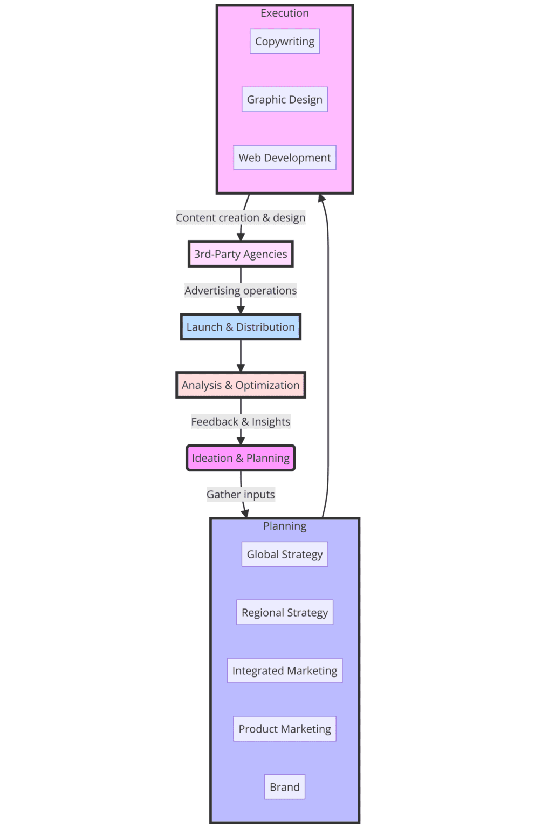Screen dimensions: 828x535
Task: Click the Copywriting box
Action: coord(284,42)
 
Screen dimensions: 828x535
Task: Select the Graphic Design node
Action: coord(284,100)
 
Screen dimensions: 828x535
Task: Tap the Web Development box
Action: coord(284,158)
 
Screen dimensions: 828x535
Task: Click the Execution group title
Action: coord(284,13)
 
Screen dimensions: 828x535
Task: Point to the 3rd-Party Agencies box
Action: coord(241,254)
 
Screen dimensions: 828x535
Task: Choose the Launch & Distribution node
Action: coord(241,327)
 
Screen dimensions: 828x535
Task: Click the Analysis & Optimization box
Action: coord(241,385)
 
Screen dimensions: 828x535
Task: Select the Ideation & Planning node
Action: coord(241,458)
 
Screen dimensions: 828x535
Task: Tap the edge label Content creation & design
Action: coord(241,218)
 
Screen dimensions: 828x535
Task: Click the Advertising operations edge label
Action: coord(241,291)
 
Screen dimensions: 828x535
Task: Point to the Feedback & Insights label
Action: coord(241,422)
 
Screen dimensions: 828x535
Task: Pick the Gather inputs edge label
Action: coord(241,495)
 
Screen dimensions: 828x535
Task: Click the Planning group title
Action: coord(284,526)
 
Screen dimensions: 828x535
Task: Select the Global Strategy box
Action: coord(284,555)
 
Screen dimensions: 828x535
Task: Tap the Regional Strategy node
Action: coord(284,613)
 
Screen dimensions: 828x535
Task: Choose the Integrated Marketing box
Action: coord(284,670)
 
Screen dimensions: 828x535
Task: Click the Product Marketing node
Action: coord(284,729)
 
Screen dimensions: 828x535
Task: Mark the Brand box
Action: coord(284,787)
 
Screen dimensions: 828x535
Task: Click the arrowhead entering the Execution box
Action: coord(322,198)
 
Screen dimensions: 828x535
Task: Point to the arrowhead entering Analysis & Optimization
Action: coord(241,368)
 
